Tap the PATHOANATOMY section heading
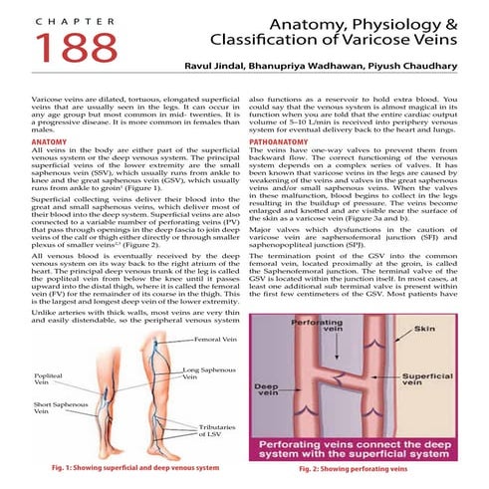pos(281,141)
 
